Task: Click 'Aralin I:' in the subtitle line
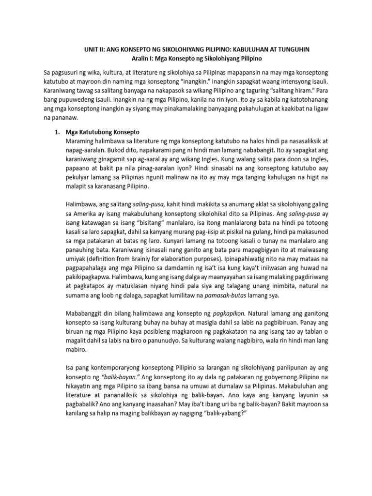pyautogui.click(x=144, y=59)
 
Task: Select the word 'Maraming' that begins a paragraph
pyautogui.click(x=82, y=141)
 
